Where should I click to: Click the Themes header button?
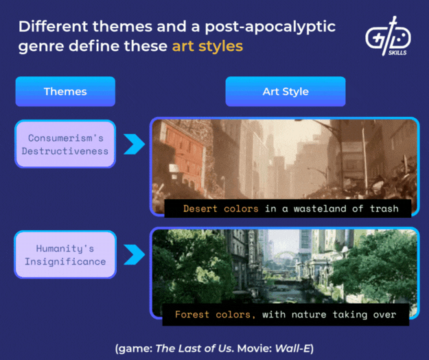tap(65, 91)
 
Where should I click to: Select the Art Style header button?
tap(285, 91)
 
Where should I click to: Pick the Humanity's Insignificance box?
tap(65, 254)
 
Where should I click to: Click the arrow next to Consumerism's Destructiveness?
tap(134, 144)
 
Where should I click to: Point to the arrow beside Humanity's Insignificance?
tap(134, 254)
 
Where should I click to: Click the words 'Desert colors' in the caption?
tap(220, 208)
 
